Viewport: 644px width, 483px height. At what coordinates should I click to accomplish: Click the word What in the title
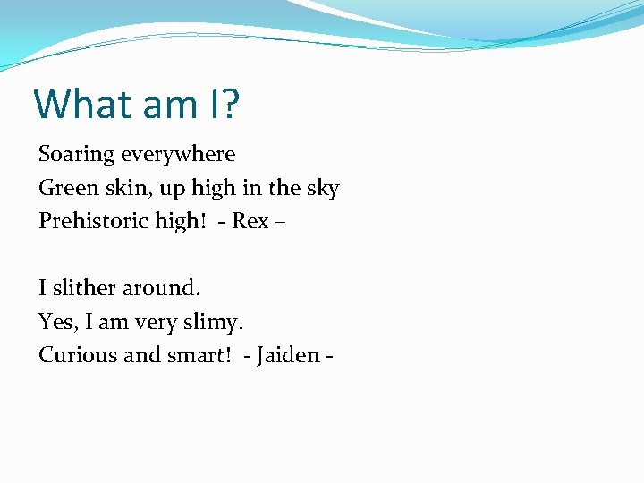79,104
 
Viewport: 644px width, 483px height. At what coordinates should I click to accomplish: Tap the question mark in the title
230,104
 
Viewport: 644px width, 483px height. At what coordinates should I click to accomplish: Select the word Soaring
77,155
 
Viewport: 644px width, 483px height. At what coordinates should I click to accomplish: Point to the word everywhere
178,155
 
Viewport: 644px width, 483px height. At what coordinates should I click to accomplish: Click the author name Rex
250,221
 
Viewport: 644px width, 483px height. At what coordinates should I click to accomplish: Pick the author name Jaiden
288,355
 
